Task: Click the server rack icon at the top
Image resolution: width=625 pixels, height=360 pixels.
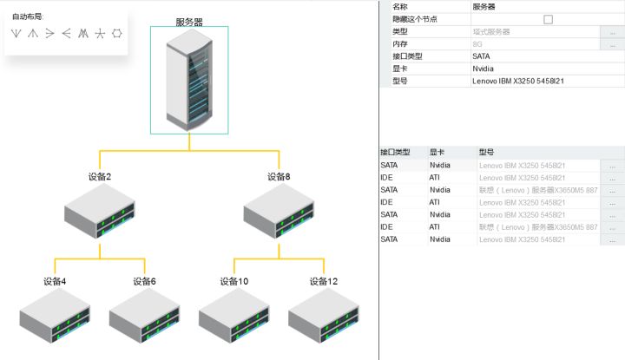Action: pos(189,80)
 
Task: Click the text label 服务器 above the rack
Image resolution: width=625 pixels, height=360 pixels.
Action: pos(189,22)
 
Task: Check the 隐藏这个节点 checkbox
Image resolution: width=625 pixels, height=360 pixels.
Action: pos(548,19)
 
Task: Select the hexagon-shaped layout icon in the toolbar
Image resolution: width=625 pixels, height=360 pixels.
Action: pos(117,34)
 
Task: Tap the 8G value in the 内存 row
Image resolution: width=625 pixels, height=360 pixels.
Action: pos(477,43)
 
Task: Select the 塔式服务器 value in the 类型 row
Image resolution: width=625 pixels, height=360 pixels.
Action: pos(490,31)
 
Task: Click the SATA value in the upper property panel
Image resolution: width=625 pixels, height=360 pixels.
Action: pos(482,56)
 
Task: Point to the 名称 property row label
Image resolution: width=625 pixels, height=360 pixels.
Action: pos(400,6)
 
